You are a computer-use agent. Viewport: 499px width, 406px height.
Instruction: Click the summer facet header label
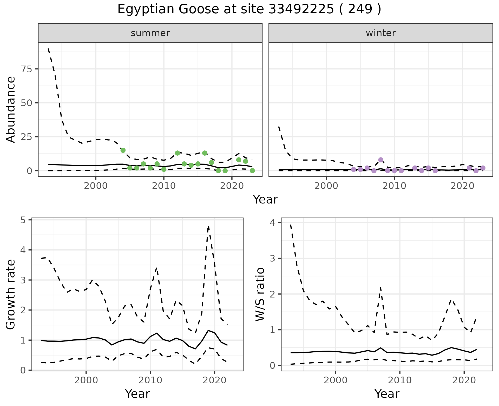click(150, 33)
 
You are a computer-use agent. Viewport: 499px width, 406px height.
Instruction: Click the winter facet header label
click(380, 33)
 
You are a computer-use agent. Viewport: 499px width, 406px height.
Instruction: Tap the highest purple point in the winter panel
click(381, 160)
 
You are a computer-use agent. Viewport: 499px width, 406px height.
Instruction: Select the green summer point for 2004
click(123, 150)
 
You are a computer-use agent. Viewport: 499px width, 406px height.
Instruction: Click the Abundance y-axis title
click(11, 110)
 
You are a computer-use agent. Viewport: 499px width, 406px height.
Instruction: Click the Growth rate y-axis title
click(11, 295)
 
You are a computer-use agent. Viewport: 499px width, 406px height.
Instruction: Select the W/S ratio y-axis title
click(260, 294)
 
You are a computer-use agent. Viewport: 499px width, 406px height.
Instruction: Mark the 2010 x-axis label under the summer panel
click(164, 186)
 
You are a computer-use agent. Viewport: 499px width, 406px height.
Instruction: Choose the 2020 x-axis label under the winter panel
click(462, 186)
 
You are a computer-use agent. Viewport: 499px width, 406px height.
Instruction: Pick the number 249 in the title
click(360, 9)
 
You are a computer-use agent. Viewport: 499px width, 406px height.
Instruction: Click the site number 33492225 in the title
click(301, 9)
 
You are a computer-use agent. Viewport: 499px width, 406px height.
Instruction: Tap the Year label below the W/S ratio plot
click(387, 394)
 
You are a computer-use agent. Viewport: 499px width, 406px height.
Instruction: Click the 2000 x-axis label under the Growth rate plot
click(86, 380)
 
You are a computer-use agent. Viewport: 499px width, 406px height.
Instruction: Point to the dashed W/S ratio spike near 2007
click(380, 288)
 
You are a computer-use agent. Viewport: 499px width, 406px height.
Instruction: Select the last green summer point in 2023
click(252, 171)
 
